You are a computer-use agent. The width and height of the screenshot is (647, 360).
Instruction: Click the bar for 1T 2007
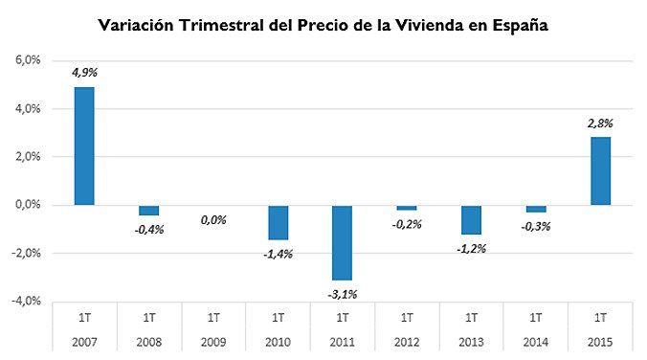click(84, 146)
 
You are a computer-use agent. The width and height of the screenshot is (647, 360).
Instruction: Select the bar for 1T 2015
click(600, 170)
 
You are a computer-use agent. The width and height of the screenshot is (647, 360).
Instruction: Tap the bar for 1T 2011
click(342, 242)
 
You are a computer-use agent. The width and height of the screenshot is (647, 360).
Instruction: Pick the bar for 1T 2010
click(278, 222)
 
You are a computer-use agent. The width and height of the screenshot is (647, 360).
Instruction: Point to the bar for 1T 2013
click(471, 219)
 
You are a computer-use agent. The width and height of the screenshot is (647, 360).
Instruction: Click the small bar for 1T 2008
click(148, 211)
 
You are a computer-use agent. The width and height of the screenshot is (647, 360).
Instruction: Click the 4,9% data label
click(84, 72)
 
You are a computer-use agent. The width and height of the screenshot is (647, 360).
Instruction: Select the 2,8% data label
click(600, 123)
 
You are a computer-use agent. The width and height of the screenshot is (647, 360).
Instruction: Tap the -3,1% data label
click(342, 294)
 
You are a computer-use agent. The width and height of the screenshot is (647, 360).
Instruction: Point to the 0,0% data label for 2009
click(213, 220)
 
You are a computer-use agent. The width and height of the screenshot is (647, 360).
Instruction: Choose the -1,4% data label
click(278, 254)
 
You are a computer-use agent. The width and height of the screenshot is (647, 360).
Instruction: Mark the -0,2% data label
click(407, 225)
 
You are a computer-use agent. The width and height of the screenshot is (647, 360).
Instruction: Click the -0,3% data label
click(536, 227)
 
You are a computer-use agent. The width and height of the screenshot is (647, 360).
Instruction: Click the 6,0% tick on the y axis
click(26, 60)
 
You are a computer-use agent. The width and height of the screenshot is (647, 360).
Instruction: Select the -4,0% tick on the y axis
click(24, 301)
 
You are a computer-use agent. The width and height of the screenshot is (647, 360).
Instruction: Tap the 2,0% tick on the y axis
click(26, 157)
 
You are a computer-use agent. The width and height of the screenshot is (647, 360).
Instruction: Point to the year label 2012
click(407, 342)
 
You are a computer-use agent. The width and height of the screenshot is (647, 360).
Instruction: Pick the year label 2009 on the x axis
click(213, 342)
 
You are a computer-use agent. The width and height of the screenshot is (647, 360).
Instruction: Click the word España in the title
click(512, 25)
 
